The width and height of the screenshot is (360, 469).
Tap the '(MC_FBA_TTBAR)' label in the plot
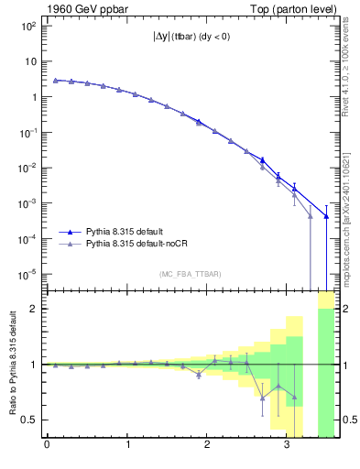point(190,275)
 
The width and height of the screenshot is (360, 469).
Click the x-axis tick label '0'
point(47,446)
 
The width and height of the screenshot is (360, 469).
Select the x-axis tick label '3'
point(287,446)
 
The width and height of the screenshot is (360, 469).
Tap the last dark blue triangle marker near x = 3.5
point(326,216)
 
